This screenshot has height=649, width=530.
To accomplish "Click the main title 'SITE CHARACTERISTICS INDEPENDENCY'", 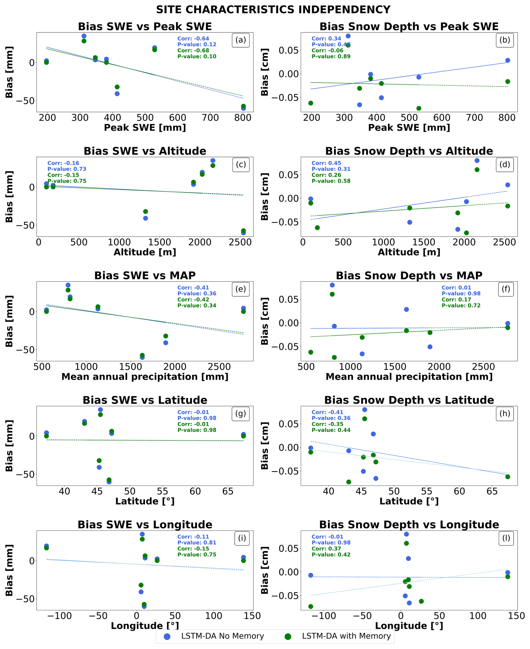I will coord(273,10).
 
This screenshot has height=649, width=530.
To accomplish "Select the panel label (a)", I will coord(241,40).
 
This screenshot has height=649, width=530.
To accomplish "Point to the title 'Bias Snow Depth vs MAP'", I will coord(409,276).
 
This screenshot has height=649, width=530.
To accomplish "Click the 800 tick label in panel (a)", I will coord(243,118).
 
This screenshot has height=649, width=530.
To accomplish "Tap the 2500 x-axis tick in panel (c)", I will coord(240,242).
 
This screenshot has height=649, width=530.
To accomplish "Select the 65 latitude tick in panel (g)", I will coord(228,491).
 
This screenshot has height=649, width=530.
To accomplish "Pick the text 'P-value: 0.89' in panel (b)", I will coord(331,57).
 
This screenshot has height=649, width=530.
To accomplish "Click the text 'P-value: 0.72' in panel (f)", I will coord(461,305).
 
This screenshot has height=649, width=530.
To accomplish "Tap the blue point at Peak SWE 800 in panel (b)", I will coord(508,60).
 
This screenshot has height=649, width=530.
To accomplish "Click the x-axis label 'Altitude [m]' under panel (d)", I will coord(409,252).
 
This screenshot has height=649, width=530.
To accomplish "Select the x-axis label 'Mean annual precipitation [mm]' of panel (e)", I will coord(145,377).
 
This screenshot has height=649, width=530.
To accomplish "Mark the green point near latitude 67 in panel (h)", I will coord(508,477).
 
